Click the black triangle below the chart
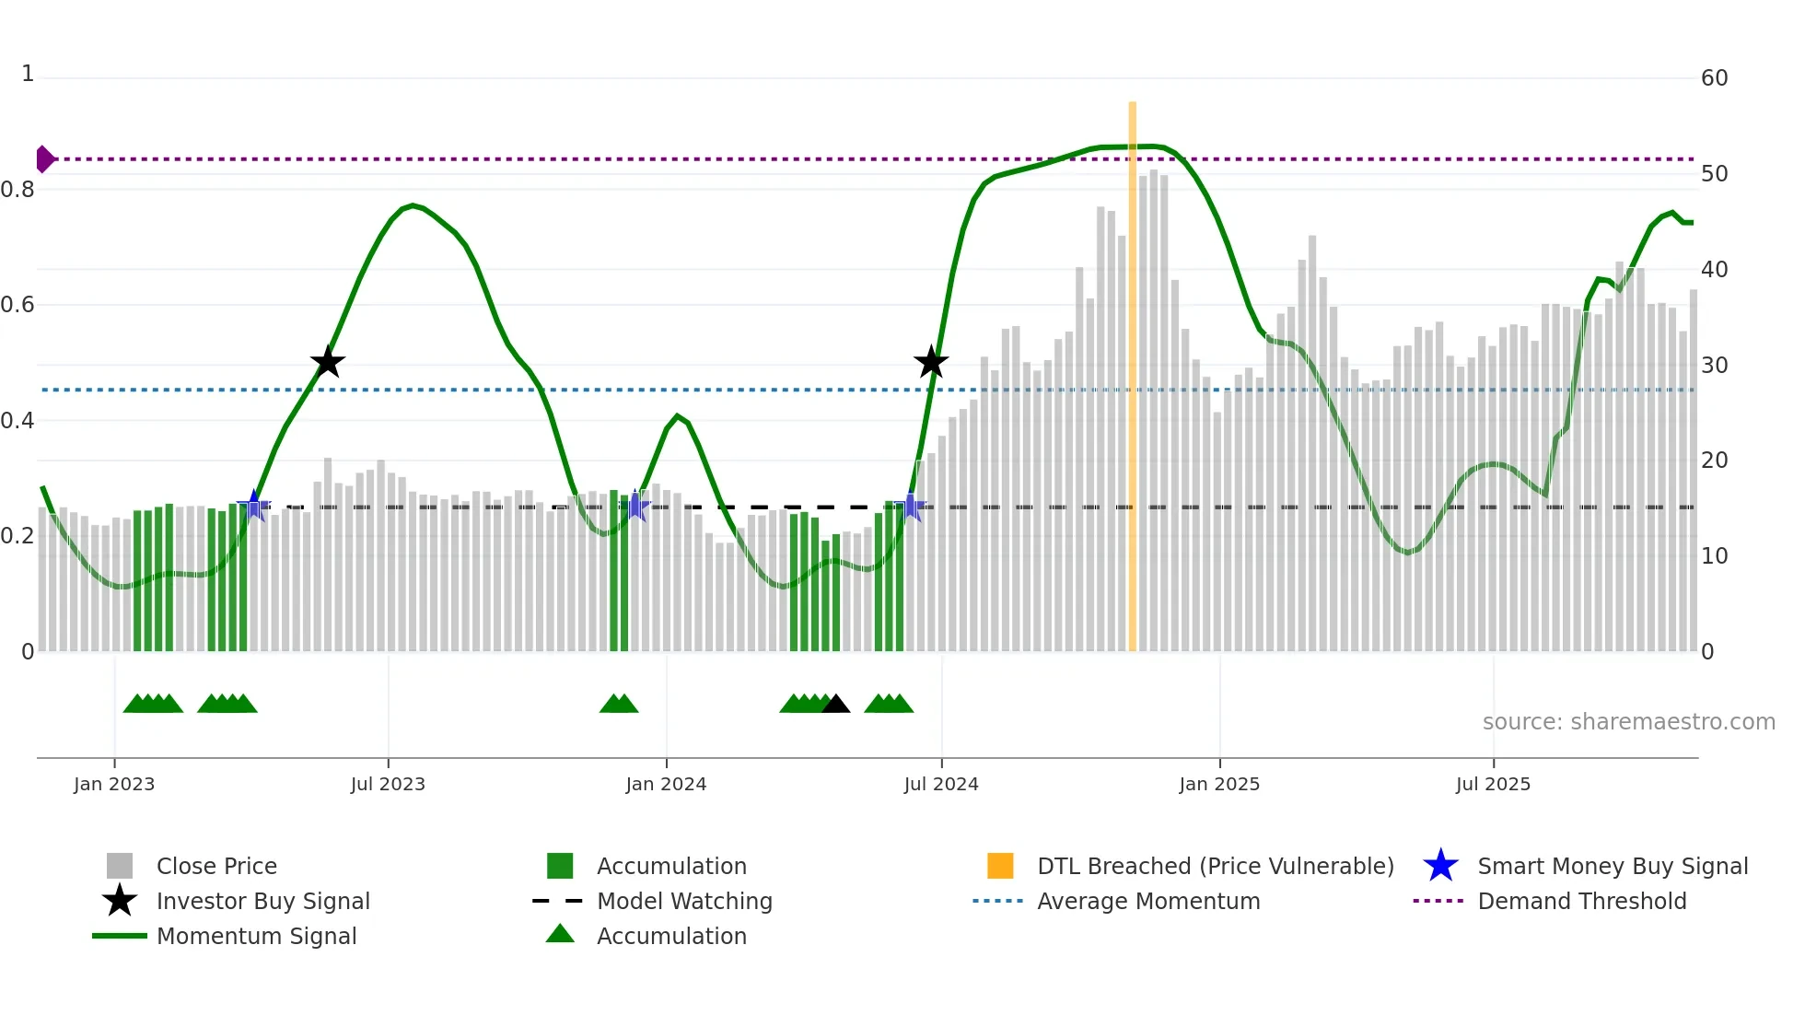tap(835, 705)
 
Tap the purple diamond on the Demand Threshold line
tap(44, 159)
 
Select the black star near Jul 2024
tap(931, 362)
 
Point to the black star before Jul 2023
tap(327, 362)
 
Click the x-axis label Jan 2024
tap(666, 784)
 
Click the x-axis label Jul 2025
tap(1493, 784)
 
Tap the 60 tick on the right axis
tap(1714, 78)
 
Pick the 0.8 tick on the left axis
tap(17, 190)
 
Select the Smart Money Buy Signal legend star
tap(1440, 866)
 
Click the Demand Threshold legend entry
tap(1581, 901)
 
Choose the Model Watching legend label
tap(684, 901)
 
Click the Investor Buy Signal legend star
tap(120, 901)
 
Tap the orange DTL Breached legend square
tap(1000, 866)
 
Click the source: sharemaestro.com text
tap(1628, 722)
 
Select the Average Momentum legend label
tap(1148, 901)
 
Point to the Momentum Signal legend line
tap(120, 936)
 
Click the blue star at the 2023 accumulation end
tap(253, 506)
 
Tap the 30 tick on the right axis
tap(1714, 366)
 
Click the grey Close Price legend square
tap(120, 866)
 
